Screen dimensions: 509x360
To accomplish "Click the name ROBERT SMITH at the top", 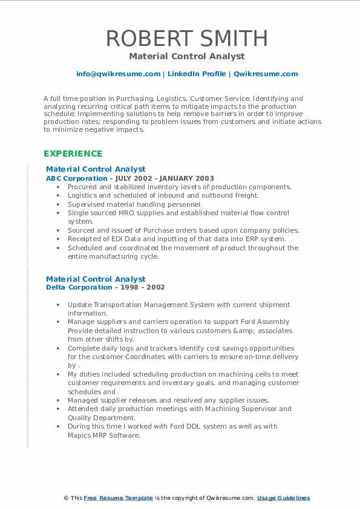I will (x=186, y=38).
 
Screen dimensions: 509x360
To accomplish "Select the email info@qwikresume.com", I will (x=118, y=74).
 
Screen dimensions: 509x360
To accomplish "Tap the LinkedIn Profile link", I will (x=197, y=74).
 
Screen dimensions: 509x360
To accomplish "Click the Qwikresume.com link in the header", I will (x=266, y=74).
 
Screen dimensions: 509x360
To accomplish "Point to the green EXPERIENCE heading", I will (x=73, y=154).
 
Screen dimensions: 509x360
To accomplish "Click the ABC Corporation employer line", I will (x=130, y=178).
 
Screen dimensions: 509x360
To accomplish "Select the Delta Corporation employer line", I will (x=105, y=287).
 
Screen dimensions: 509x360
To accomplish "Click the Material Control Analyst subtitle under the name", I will (x=186, y=56).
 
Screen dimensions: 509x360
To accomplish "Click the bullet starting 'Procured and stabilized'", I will (x=179, y=187).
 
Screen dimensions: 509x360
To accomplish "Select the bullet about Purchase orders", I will (x=183, y=230).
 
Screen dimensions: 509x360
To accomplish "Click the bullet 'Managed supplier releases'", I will (x=168, y=400).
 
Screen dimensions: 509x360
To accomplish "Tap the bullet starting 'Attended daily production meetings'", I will (x=179, y=409).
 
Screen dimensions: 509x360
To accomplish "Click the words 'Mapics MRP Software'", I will (x=104, y=435).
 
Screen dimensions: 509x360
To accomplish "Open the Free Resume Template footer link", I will (x=118, y=498).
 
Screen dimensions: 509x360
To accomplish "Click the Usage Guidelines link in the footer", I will (x=283, y=498).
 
